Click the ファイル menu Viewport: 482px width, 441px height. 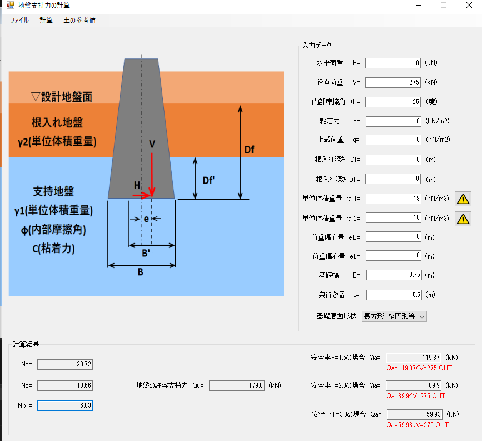point(19,21)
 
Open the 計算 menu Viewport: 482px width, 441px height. point(46,21)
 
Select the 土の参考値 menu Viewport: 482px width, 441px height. point(79,21)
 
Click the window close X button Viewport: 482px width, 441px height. point(469,5)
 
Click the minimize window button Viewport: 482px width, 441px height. point(419,5)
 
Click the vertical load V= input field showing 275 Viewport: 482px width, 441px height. point(393,82)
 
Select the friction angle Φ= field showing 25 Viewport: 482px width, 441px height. point(393,102)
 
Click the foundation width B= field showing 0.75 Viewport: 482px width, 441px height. point(394,275)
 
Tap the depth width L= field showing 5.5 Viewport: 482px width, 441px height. point(394,295)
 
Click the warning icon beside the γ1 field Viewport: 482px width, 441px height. point(463,199)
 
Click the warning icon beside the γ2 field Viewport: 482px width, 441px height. point(463,219)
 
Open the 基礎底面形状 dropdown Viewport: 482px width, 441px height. point(394,316)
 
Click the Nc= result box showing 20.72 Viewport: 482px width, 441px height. point(65,364)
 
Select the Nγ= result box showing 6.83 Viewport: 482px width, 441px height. point(65,405)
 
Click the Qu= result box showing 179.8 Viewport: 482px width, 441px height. point(237,385)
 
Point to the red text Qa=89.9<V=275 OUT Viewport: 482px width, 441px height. point(416,396)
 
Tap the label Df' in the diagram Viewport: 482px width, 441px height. point(208,181)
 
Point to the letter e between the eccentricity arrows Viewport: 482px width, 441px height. point(146,219)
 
